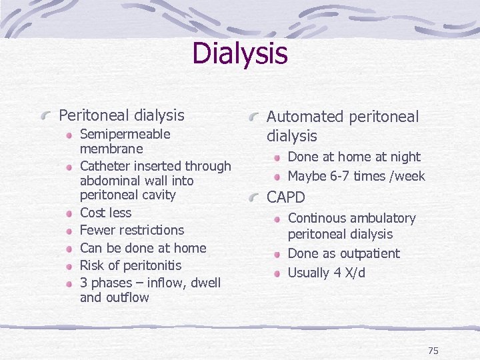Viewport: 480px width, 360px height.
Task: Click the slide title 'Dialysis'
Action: tap(240, 53)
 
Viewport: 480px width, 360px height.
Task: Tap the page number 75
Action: tap(433, 351)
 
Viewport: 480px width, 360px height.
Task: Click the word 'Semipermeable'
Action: tap(125, 134)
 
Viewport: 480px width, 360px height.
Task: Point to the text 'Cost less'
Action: tap(105, 213)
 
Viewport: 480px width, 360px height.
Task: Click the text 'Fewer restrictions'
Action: tap(131, 230)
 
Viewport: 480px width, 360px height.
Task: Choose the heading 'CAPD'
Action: tap(285, 197)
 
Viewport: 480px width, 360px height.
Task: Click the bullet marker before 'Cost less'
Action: tap(70, 213)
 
